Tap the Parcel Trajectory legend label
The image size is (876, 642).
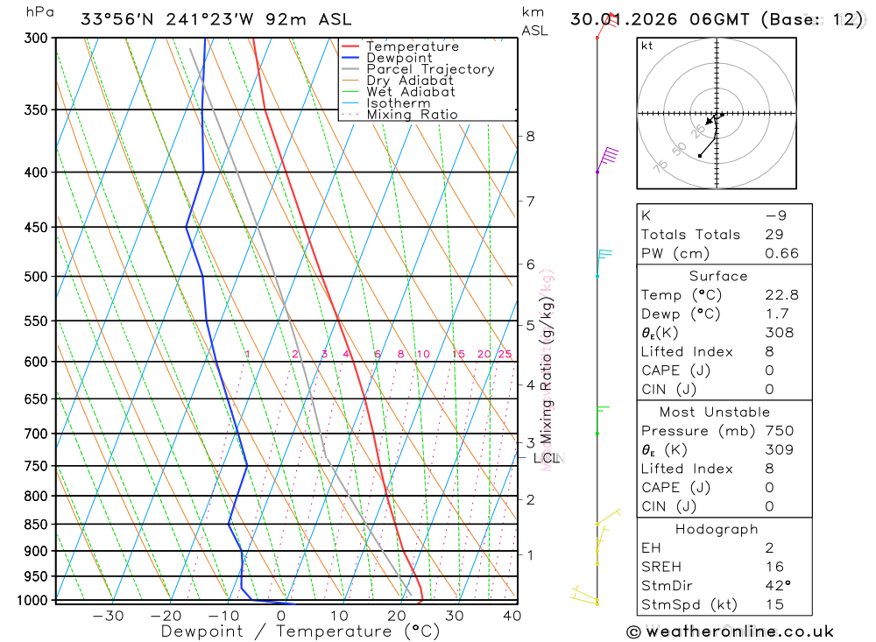click(430, 69)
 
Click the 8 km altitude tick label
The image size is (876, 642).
click(530, 136)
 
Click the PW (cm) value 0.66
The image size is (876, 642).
click(781, 253)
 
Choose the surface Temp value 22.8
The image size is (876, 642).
click(781, 295)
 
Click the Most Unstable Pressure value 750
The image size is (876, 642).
click(779, 431)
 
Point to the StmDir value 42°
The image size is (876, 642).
click(777, 586)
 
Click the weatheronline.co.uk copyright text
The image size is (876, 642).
click(730, 631)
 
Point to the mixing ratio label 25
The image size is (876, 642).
click(505, 355)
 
